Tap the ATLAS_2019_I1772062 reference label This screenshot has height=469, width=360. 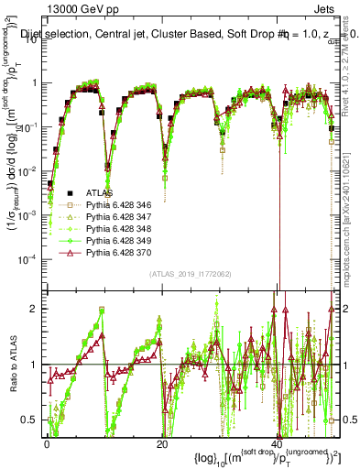pos(191,274)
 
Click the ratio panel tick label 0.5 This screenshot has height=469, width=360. pos(30,420)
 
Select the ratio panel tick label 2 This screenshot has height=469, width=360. pos(34,309)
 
